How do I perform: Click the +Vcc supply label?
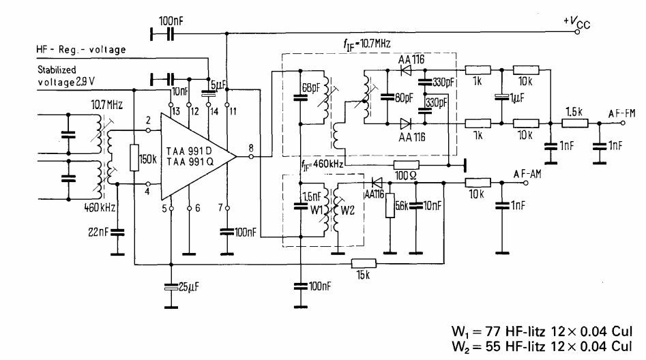pyautogui.click(x=576, y=22)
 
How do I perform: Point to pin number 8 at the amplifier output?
pyautogui.click(x=252, y=149)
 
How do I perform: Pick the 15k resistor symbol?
pyautogui.click(x=364, y=263)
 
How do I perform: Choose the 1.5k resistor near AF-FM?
pyautogui.click(x=572, y=125)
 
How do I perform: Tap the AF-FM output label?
pyautogui.click(x=621, y=116)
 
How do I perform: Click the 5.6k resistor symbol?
pyautogui.click(x=391, y=205)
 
